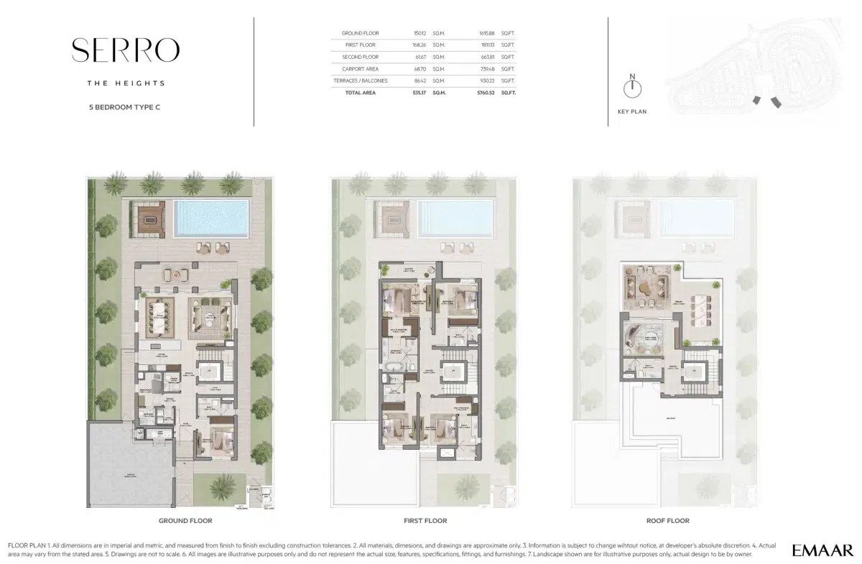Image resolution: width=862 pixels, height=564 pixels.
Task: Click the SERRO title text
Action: point(126,50)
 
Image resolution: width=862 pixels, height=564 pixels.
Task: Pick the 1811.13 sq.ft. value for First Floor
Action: point(489,45)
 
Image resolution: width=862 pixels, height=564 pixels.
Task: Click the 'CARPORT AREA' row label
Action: point(360,69)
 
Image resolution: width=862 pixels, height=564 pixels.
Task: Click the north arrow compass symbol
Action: point(632,88)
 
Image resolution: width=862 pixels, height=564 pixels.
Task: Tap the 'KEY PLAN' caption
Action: point(632,112)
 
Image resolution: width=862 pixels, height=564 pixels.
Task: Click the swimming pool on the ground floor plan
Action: point(212,218)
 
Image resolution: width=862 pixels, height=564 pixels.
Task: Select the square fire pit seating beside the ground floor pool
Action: point(149,218)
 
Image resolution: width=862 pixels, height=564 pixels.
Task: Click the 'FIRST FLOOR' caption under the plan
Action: point(425,521)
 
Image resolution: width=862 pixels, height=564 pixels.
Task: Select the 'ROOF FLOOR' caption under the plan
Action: point(668,521)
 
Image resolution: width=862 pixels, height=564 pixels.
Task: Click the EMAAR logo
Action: point(822,550)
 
